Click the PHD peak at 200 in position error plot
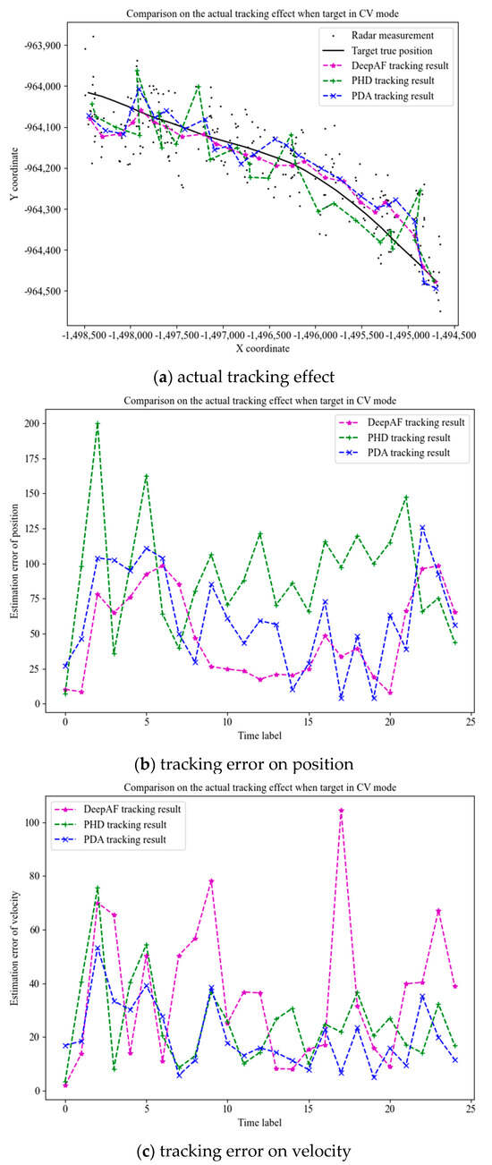tap(98, 423)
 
